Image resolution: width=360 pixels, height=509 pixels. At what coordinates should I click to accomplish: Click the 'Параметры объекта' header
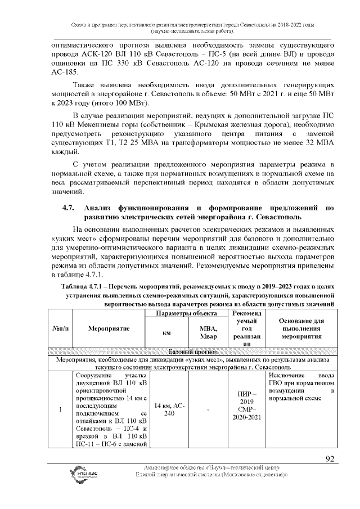pos(188,313)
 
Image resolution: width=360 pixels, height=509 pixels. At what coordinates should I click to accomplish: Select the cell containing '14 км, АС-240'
pos(169,409)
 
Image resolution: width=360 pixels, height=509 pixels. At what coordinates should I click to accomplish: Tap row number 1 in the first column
pos(60,409)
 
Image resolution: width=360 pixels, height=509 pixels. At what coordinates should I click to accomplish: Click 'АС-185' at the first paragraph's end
pos(65,73)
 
